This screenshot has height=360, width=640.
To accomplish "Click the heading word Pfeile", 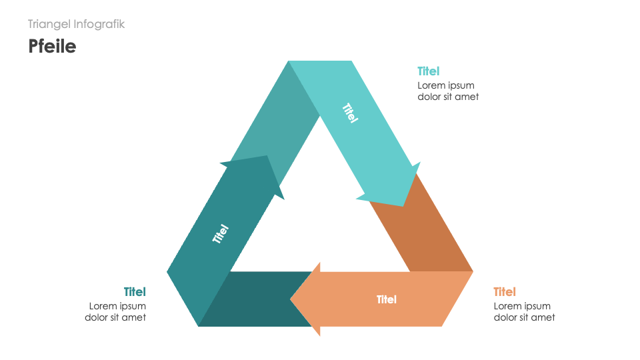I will click(52, 46).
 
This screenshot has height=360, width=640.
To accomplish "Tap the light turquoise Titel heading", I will click(429, 71).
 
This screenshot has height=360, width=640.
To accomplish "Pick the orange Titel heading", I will click(505, 292).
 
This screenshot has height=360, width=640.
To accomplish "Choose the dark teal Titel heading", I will click(135, 292).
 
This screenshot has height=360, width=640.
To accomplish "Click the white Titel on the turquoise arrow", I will click(350, 112).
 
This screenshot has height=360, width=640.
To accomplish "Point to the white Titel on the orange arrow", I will click(387, 299).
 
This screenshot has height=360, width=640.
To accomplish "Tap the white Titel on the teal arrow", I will click(221, 233).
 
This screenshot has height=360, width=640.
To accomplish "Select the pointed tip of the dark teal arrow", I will click(267, 157).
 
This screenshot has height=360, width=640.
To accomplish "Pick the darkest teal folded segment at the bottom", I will click(253, 299).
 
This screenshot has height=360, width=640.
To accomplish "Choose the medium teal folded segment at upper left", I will click(280, 120).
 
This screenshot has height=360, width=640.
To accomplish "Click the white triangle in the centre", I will click(320, 220).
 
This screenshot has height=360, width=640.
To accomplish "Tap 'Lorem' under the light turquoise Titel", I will click(431, 85).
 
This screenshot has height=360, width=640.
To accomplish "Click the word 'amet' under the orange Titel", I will click(543, 317).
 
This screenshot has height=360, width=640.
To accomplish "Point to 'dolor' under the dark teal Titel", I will click(98, 317).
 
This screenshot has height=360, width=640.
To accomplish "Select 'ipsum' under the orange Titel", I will click(537, 306).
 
